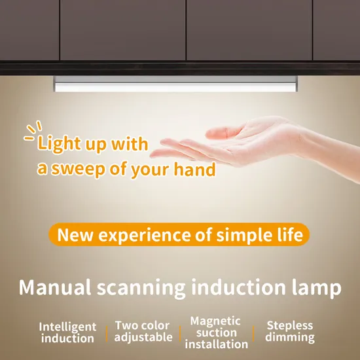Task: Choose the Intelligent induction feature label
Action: [x=67, y=333]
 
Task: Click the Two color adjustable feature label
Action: [x=143, y=331]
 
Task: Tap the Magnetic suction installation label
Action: [x=216, y=333]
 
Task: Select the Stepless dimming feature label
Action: [x=290, y=331]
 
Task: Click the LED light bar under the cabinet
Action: [x=175, y=84]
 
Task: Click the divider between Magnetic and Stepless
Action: [x=255, y=333]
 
